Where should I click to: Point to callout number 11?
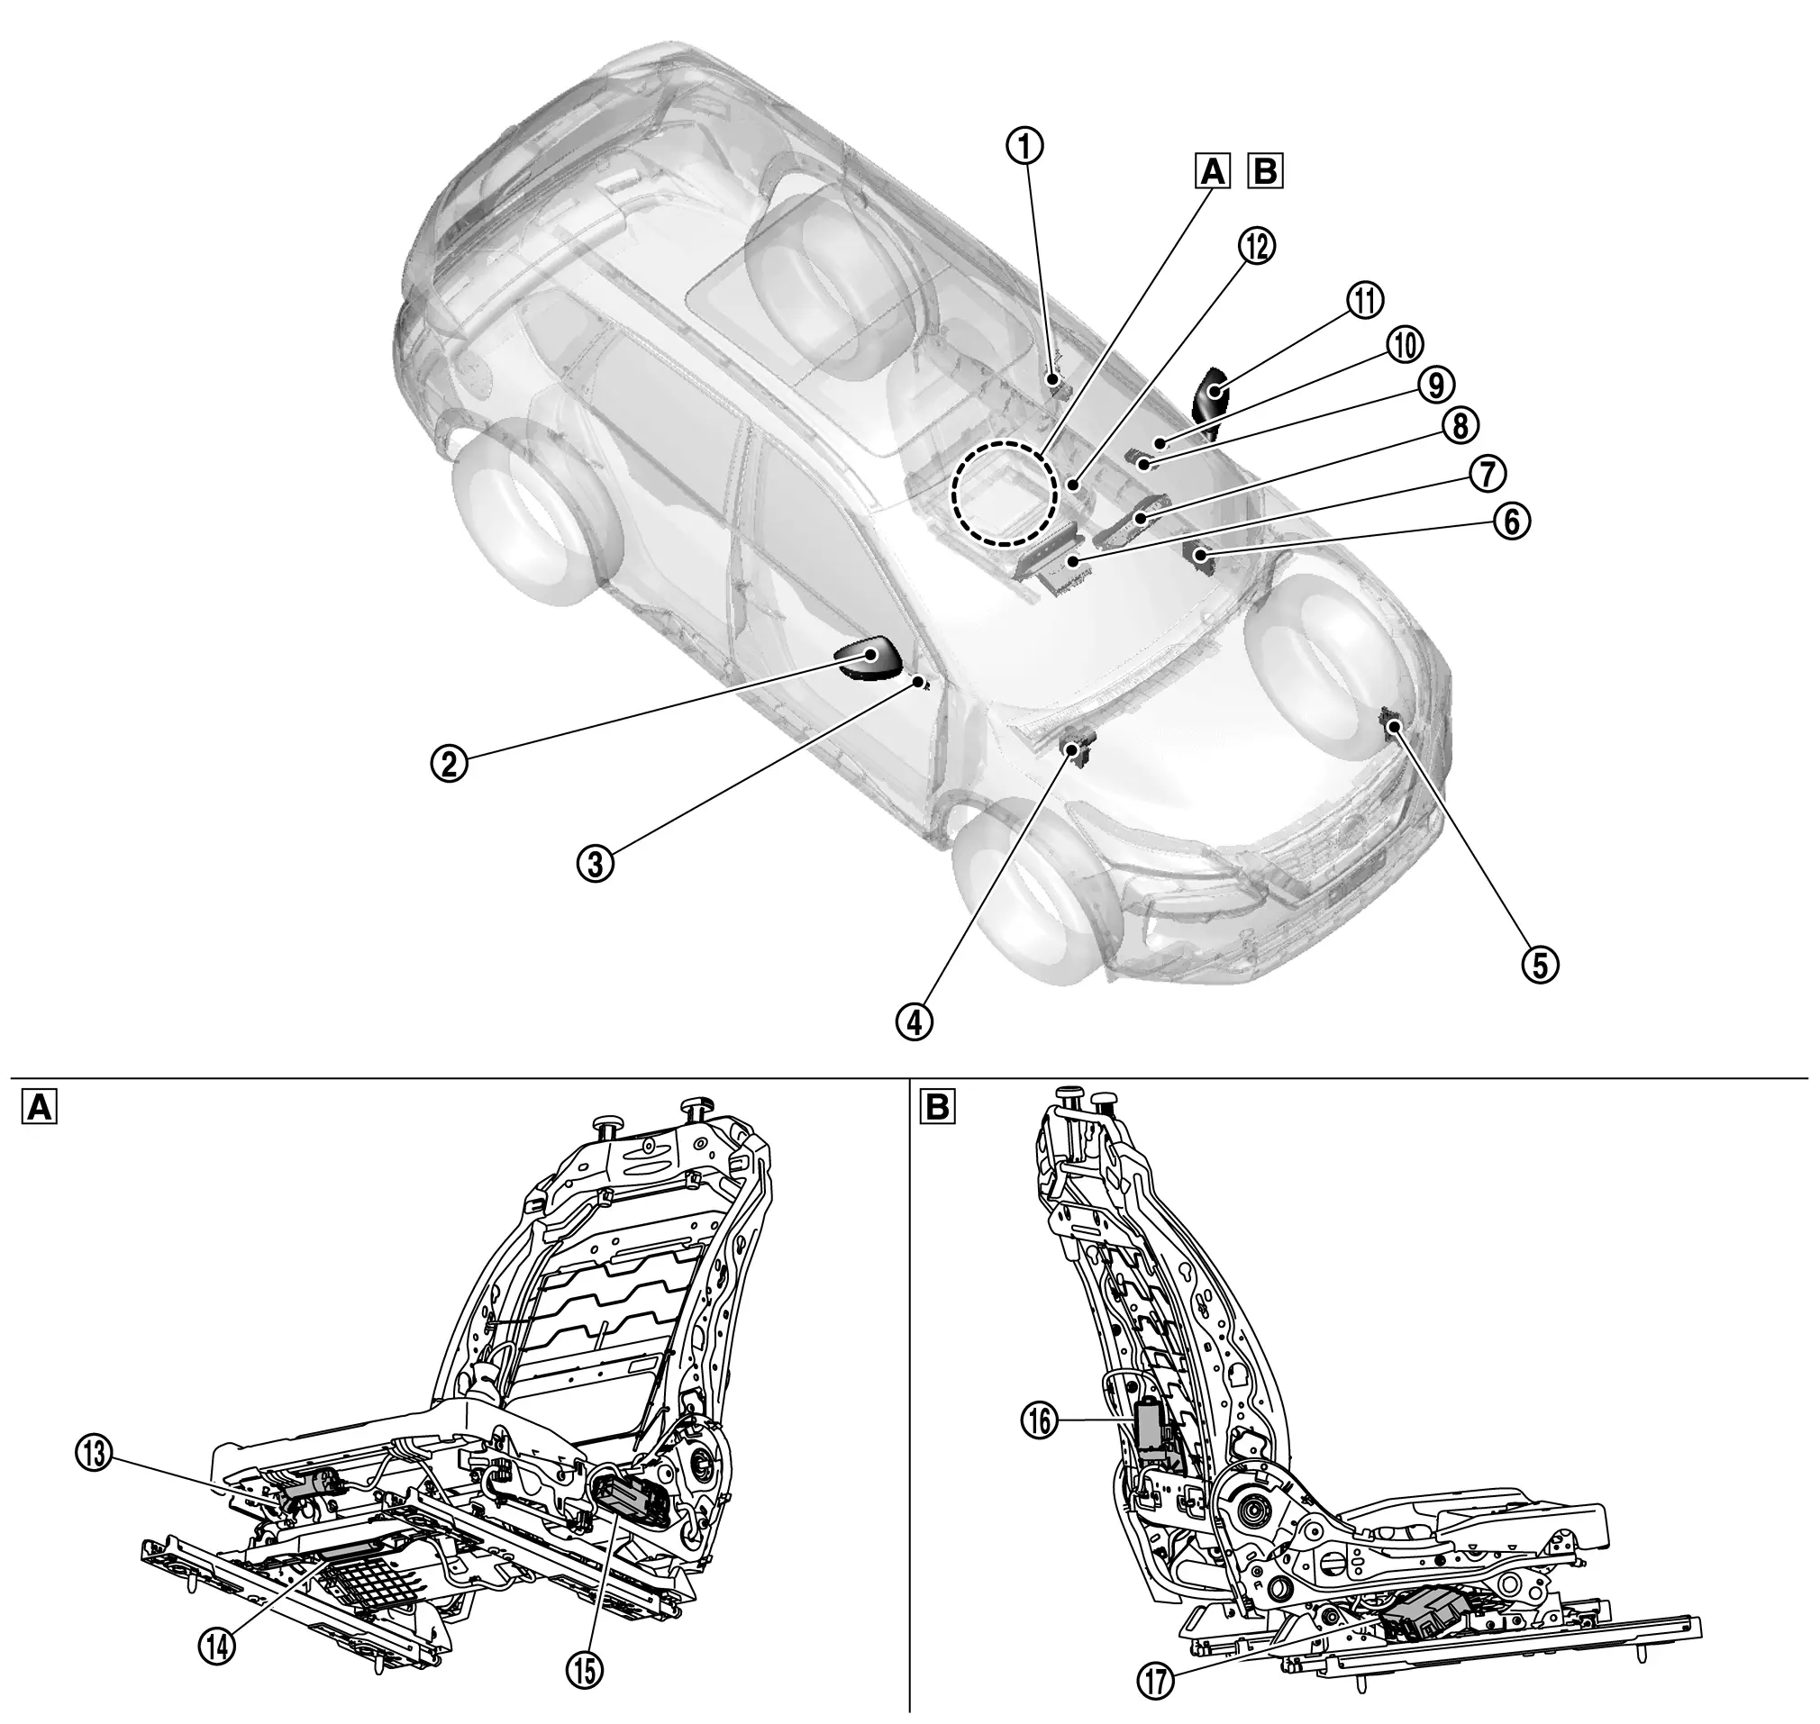[x=1366, y=301]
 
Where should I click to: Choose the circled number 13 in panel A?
[x=95, y=1455]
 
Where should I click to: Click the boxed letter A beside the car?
[x=1214, y=171]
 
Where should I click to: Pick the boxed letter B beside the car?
[x=1266, y=171]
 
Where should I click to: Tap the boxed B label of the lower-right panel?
[x=937, y=1108]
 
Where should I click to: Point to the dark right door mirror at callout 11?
[x=1209, y=401]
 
